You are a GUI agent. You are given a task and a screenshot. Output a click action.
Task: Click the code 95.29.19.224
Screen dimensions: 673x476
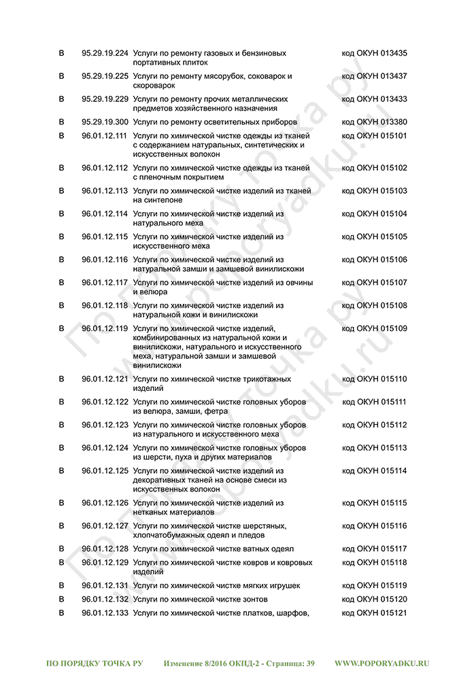click(x=105, y=53)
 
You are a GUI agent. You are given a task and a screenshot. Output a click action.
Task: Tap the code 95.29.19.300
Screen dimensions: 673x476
click(x=105, y=122)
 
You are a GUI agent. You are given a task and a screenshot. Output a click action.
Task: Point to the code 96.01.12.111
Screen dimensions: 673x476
click(x=105, y=136)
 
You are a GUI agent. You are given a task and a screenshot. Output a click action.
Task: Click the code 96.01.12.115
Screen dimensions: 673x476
click(x=105, y=237)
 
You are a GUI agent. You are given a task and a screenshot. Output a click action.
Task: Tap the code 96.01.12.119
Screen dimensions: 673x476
click(x=105, y=328)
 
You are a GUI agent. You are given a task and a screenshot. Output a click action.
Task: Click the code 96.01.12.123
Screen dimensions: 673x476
click(x=105, y=425)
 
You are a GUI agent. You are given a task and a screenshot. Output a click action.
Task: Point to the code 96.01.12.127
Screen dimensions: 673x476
click(x=105, y=525)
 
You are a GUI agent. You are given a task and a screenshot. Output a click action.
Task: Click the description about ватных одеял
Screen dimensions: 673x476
click(x=213, y=549)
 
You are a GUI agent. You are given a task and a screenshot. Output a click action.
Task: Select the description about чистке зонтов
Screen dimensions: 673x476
click(x=200, y=599)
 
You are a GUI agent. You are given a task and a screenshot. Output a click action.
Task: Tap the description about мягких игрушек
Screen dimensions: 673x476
click(x=216, y=585)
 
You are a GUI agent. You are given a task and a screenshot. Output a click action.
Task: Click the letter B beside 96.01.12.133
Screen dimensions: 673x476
click(x=61, y=612)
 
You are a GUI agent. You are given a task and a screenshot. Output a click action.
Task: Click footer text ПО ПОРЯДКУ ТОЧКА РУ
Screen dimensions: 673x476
click(x=95, y=663)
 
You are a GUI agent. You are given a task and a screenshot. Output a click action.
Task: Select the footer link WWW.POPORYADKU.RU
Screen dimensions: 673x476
click(x=382, y=663)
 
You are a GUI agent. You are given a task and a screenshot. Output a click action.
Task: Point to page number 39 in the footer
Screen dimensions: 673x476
click(x=310, y=663)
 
